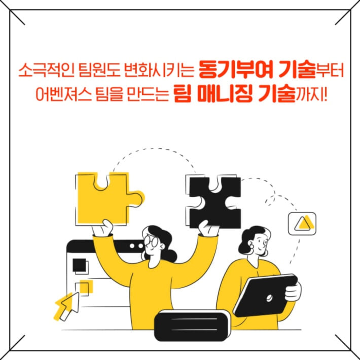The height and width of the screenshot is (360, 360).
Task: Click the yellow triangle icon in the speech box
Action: tap(303, 223)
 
